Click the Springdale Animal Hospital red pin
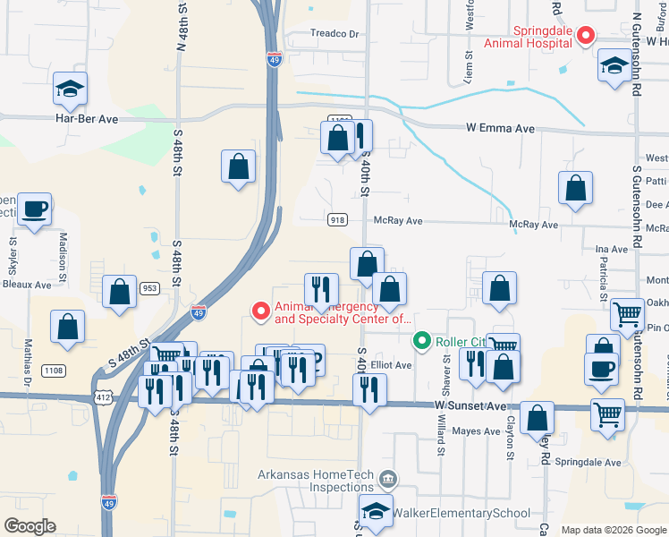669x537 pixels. tap(586, 36)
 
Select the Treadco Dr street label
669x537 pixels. tap(334, 34)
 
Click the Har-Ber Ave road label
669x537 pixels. tap(87, 118)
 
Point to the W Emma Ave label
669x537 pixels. tap(500, 129)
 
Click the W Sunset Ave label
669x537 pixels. tap(470, 405)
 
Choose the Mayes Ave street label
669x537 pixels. tap(476, 431)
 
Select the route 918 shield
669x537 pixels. tap(337, 220)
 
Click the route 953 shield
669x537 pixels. tap(150, 288)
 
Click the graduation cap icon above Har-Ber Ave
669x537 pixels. tap(70, 89)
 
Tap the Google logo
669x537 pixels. tap(30, 526)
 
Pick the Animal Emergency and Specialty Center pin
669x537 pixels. tap(261, 311)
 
